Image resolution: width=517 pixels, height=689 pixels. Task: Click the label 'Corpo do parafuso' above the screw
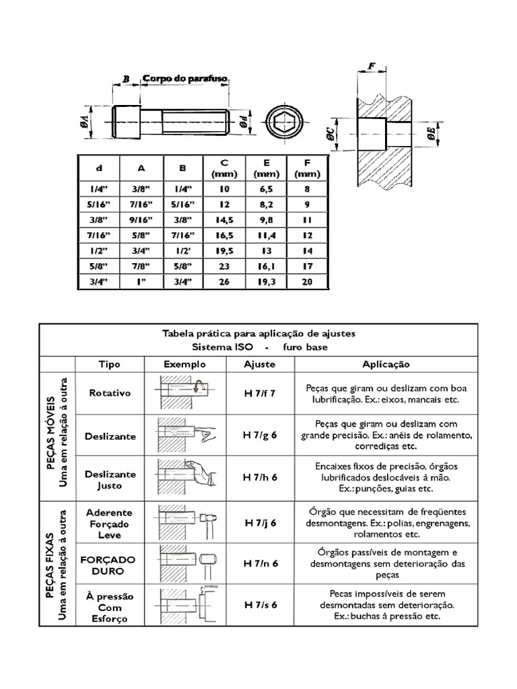tap(185, 79)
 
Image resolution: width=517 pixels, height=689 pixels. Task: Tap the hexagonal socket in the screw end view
tap(279, 123)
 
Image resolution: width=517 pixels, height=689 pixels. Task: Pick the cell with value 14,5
tap(224, 220)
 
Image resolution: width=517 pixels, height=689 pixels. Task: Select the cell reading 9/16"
tap(141, 220)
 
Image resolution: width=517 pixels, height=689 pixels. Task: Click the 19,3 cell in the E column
tap(267, 282)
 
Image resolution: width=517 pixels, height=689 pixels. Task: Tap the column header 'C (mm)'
tap(224, 168)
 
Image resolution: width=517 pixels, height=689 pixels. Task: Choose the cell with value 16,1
tap(267, 266)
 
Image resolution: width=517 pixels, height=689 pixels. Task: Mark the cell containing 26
tap(224, 282)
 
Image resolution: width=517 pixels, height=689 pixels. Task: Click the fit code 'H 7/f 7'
tap(261, 393)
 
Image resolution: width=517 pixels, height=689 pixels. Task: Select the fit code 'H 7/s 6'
tap(261, 604)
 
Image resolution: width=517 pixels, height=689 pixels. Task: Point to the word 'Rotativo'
tap(110, 393)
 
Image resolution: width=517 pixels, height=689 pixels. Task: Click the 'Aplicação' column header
tap(386, 363)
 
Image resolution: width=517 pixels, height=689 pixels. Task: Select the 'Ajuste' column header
tap(260, 363)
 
